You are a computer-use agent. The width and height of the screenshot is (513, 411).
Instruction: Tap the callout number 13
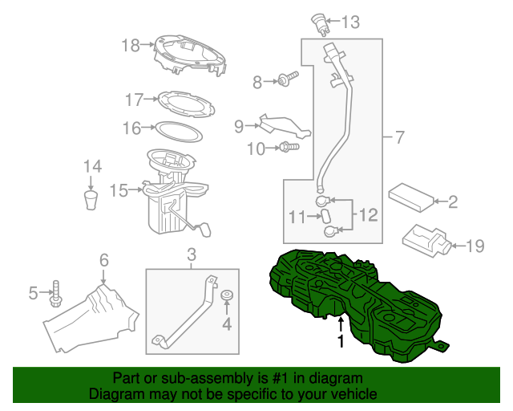[x=352, y=22]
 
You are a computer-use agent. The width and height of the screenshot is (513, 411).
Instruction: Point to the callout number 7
[x=398, y=137]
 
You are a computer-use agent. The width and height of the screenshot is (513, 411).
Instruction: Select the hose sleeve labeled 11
[x=325, y=216]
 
